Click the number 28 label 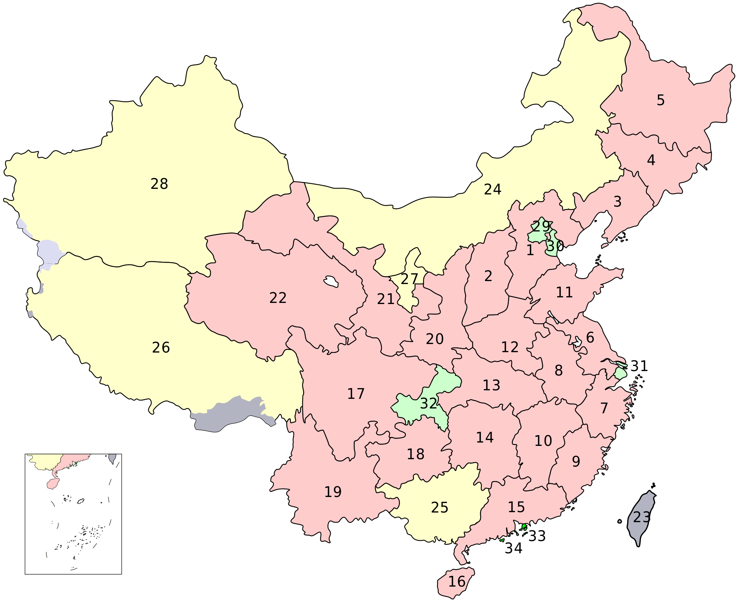(159, 184)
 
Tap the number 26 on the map (161, 347)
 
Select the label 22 (278, 298)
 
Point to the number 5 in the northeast (660, 100)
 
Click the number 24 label (492, 189)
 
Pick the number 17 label (356, 394)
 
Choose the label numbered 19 (333, 492)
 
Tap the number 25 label (440, 507)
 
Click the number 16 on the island (457, 582)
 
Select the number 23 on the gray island (642, 517)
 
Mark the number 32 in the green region (428, 403)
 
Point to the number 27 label (409, 279)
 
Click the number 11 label (564, 293)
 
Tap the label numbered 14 (485, 438)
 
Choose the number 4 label (651, 160)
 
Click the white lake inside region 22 (331, 281)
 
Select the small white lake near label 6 (577, 342)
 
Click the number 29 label (541, 226)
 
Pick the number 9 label (576, 461)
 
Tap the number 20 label (434, 339)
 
